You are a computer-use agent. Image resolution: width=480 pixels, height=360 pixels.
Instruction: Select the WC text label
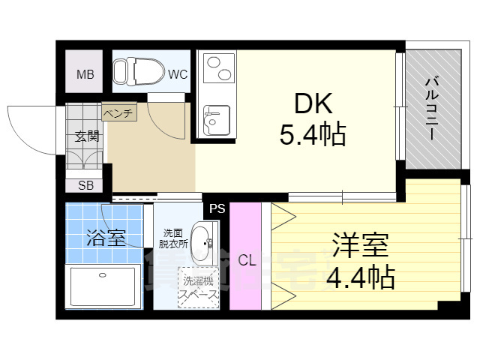click(x=177, y=74)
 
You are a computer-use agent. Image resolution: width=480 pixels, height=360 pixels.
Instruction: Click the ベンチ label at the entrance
click(x=118, y=114)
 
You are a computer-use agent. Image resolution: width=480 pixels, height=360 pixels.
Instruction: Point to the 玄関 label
click(x=86, y=136)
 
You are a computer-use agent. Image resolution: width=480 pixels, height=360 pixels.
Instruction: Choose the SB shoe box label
click(x=85, y=185)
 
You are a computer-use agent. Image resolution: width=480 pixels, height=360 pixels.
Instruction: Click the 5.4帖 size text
click(x=313, y=135)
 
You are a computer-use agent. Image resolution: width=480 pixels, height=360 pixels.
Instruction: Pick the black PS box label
click(x=217, y=208)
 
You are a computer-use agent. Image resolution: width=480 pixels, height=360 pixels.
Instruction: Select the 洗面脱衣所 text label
click(x=172, y=238)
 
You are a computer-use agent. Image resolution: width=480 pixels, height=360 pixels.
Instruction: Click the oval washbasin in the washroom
click(x=202, y=242)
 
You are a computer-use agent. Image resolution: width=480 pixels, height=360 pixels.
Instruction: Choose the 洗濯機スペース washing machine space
click(x=199, y=289)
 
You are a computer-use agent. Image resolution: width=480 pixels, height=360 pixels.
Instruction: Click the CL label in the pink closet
click(x=246, y=260)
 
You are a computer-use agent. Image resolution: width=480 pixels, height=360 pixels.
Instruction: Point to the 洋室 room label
click(x=360, y=245)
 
